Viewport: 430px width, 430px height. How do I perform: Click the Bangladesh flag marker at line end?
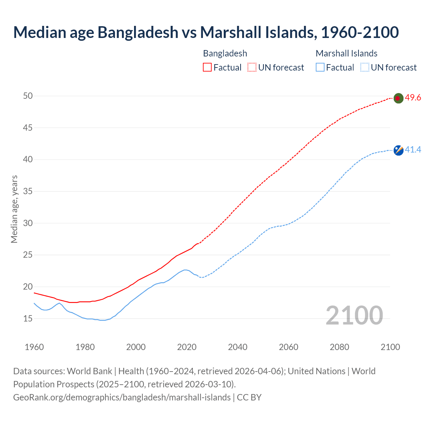pyautogui.click(x=398, y=98)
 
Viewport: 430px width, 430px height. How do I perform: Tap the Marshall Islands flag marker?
pyautogui.click(x=398, y=150)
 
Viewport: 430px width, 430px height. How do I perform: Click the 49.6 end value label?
pyautogui.click(x=413, y=98)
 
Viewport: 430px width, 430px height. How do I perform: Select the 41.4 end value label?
pyautogui.click(x=413, y=150)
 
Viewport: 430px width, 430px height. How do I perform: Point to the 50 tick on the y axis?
pyautogui.click(x=28, y=96)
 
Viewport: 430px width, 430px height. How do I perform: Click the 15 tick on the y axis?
pyautogui.click(x=28, y=318)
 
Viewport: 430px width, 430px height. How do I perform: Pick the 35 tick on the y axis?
pyautogui.click(x=28, y=191)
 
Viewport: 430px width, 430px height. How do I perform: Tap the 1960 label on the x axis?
pyautogui.click(x=34, y=347)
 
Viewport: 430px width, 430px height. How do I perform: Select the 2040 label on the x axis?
pyautogui.click(x=238, y=347)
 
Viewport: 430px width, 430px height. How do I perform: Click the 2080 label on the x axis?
pyautogui.click(x=339, y=347)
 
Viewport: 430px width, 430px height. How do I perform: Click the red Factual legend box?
pyautogui.click(x=207, y=68)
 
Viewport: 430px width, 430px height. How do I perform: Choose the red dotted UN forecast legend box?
pyautogui.click(x=252, y=68)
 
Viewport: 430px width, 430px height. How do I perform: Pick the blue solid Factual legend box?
pyautogui.click(x=320, y=68)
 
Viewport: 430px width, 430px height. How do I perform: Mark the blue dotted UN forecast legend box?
pyautogui.click(x=364, y=68)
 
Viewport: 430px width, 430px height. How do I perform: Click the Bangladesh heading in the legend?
pyautogui.click(x=225, y=53)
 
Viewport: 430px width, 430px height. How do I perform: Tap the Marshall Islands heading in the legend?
pyautogui.click(x=346, y=53)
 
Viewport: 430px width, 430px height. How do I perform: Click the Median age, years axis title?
pyautogui.click(x=14, y=209)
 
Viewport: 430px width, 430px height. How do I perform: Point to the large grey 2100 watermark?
pyautogui.click(x=354, y=315)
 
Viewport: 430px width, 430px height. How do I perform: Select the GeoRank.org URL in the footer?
pyautogui.click(x=122, y=397)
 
